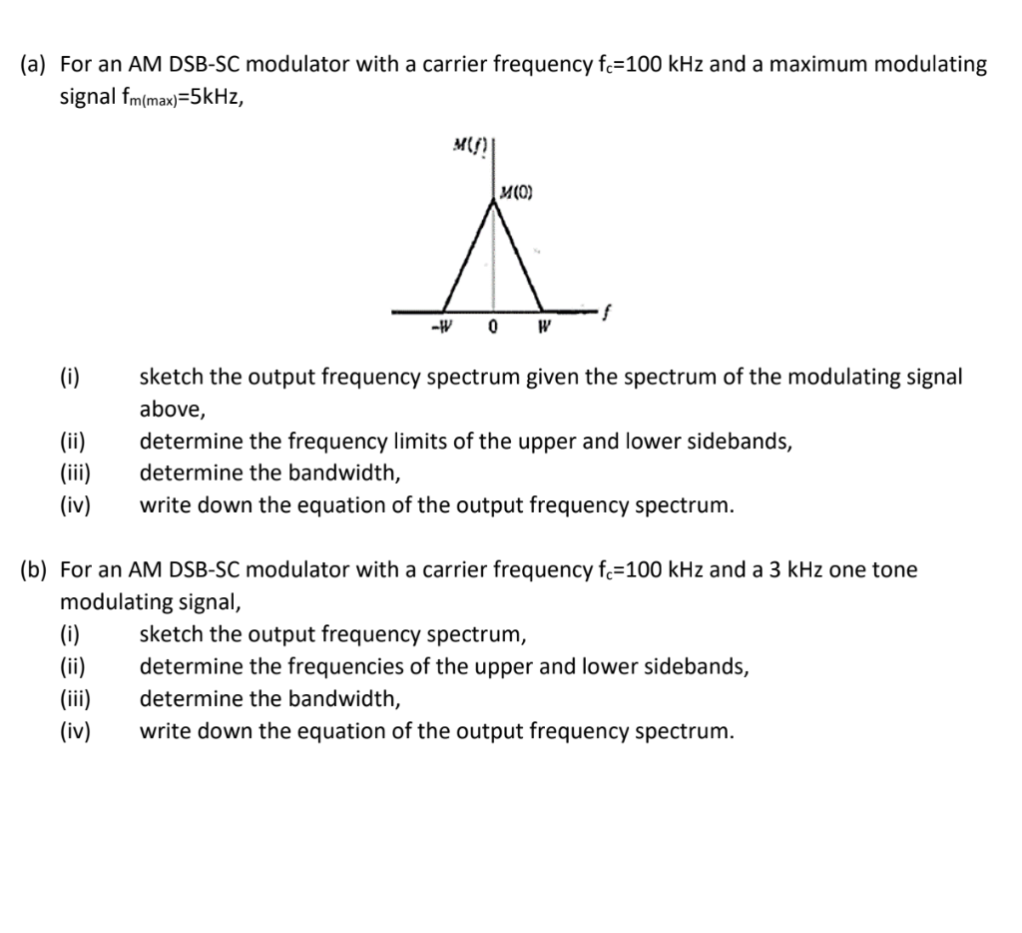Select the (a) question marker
point(36,65)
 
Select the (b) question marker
point(36,570)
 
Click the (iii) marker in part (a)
point(74,472)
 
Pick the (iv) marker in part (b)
point(73,730)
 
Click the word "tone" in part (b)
point(895,570)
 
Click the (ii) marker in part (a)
point(72,441)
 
